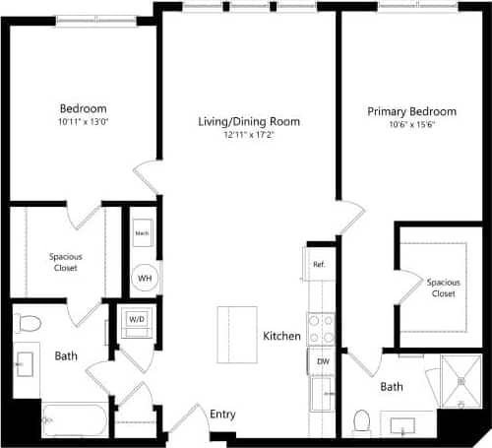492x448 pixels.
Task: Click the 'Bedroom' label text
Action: point(84,108)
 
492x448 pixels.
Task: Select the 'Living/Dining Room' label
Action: point(249,122)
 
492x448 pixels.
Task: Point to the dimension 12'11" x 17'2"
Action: point(249,136)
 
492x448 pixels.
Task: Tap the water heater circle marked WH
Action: point(144,279)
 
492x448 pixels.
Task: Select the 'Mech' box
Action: point(143,234)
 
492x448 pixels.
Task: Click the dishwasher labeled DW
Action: point(322,361)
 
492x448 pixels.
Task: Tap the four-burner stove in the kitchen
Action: point(321,328)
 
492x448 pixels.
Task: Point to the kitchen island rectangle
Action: point(237,336)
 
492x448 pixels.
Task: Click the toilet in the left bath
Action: point(30,322)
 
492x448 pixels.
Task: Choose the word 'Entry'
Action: point(222,415)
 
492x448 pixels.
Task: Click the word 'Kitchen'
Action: point(281,337)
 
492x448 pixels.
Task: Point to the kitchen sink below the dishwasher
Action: point(322,396)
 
